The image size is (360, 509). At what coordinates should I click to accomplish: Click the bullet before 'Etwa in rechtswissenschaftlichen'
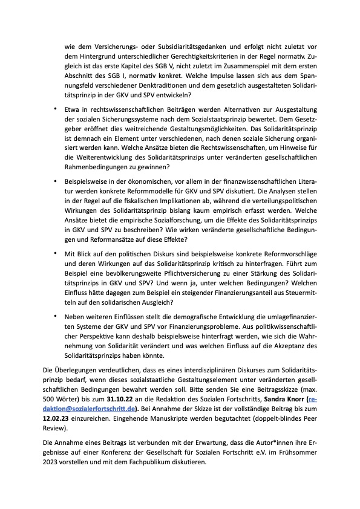(54, 109)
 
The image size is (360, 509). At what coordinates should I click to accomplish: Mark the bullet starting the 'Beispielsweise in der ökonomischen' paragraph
(54, 180)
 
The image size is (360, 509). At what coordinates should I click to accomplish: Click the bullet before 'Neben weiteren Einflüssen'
(54, 315)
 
